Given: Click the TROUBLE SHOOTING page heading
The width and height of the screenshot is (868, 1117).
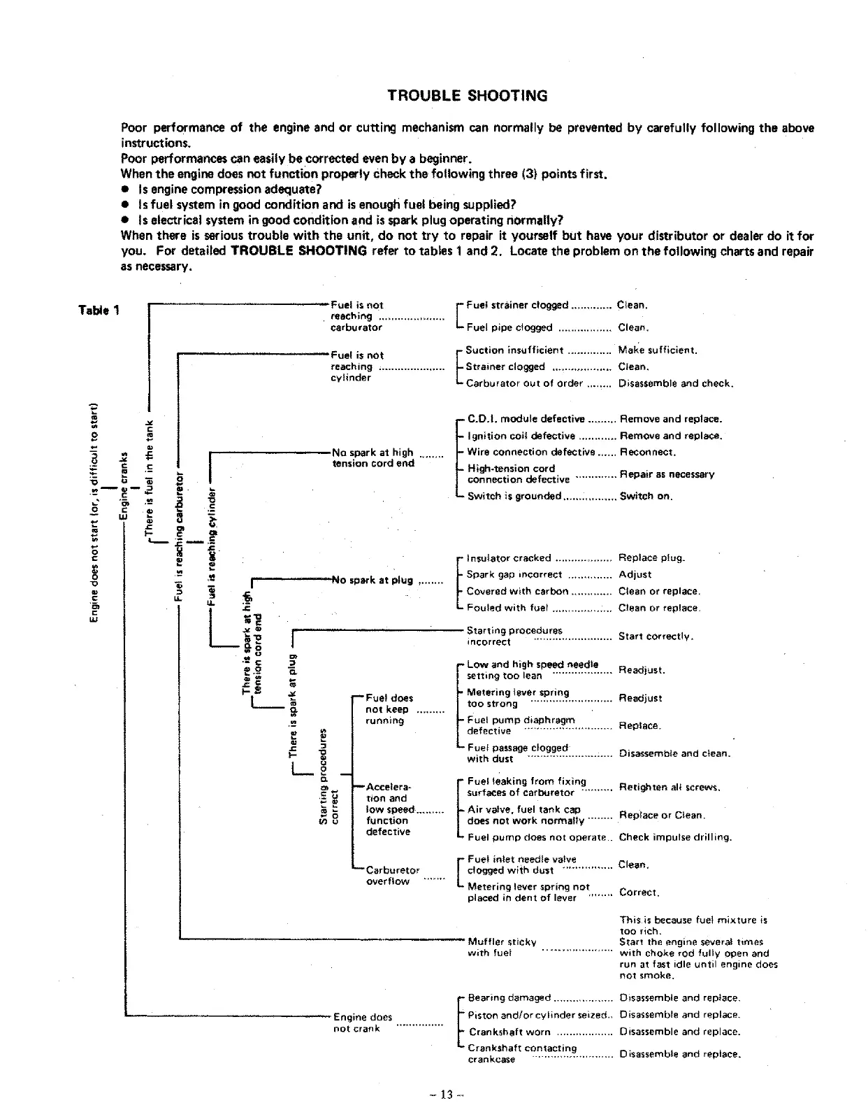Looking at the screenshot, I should coord(468,96).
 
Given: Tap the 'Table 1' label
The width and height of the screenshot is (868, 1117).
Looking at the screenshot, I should coord(99,311).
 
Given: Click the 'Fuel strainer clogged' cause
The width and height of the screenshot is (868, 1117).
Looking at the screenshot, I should coord(517,305).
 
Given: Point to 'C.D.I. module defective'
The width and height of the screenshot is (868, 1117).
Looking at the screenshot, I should coord(526,419).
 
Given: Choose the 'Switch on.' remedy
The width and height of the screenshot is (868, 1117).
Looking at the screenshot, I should coord(646,496).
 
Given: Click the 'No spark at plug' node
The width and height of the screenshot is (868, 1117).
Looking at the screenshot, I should coord(372,580).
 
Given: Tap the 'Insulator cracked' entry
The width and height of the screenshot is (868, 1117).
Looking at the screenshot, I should coord(509,558).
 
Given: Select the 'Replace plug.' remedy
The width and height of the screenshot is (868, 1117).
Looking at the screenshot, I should coord(652,558).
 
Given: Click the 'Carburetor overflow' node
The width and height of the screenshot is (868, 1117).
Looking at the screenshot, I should coord(393,876).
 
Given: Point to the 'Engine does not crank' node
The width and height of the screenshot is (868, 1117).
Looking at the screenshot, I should coord(363,1023).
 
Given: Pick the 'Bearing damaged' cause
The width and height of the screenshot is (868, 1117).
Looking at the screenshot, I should coord(509,997).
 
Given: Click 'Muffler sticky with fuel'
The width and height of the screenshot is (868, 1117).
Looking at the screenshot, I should coord(502,947).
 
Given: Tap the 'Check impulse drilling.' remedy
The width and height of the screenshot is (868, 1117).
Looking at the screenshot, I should coord(675,837).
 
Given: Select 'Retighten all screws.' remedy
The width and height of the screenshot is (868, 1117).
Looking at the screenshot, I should coord(670,787).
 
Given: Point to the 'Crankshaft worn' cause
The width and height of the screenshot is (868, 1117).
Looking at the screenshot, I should coord(509,1032).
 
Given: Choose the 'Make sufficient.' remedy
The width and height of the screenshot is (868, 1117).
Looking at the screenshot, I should coord(658,350).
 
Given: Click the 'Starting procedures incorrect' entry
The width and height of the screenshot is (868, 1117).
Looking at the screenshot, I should coord(514,636).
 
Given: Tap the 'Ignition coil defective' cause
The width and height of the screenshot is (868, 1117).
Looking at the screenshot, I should coord(521,436).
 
